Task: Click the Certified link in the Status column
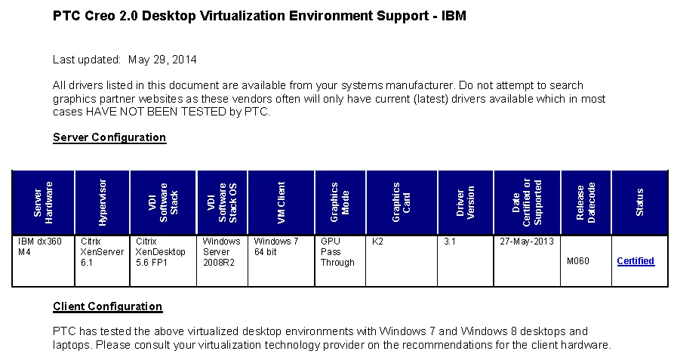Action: (x=635, y=261)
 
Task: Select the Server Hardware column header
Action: (x=44, y=202)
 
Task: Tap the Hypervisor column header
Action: (x=103, y=202)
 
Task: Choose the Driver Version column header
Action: (x=466, y=202)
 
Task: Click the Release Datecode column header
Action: (x=586, y=202)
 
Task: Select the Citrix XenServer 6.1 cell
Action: (x=101, y=252)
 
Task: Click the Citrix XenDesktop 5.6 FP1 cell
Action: (x=161, y=252)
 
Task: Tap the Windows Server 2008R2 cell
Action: (x=221, y=252)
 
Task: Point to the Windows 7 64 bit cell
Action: (x=276, y=247)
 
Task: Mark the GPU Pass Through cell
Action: (x=337, y=252)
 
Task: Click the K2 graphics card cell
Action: (x=378, y=242)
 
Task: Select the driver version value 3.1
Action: (x=450, y=242)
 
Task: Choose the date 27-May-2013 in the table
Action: (x=527, y=242)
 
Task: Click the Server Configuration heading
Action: (x=109, y=137)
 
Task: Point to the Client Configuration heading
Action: (x=107, y=306)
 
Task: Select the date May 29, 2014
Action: (x=162, y=59)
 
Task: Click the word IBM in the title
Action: (x=454, y=15)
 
